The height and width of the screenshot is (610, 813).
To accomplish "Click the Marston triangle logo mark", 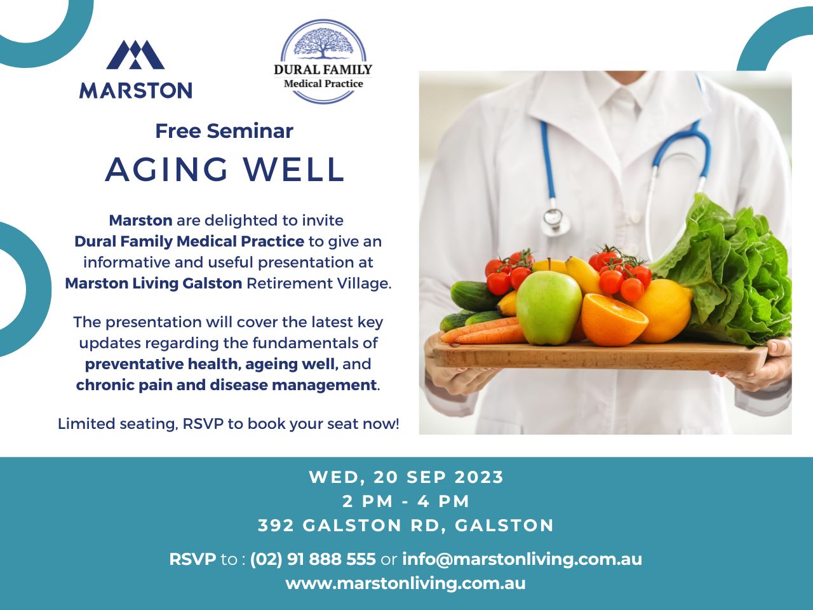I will [x=135, y=55].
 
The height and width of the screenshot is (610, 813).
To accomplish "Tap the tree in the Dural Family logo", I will [x=323, y=43].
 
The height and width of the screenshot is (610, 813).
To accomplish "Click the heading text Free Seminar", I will [x=224, y=131].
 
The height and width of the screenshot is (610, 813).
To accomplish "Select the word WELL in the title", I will [x=294, y=170].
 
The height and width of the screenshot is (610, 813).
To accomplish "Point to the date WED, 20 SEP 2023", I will [x=406, y=477].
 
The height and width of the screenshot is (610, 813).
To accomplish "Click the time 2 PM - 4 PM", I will [x=406, y=501].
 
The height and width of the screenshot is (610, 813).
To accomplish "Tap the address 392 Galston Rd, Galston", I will [x=406, y=525].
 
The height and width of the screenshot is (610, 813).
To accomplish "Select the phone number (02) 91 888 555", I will [x=313, y=559].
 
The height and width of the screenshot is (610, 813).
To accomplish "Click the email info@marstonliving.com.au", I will [x=522, y=559].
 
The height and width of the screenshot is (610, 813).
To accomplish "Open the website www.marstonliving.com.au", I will [x=406, y=583].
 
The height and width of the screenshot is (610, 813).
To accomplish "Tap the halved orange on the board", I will [x=614, y=320].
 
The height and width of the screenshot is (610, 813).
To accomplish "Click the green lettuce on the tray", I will [x=730, y=273].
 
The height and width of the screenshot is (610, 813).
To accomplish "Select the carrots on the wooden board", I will [x=483, y=330].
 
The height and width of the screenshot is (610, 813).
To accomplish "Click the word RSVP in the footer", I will [x=192, y=559].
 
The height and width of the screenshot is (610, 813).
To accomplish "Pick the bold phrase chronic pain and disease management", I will [x=226, y=385].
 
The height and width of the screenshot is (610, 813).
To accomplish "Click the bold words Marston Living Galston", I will [x=153, y=283].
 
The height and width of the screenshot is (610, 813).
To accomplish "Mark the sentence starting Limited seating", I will [x=229, y=424].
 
